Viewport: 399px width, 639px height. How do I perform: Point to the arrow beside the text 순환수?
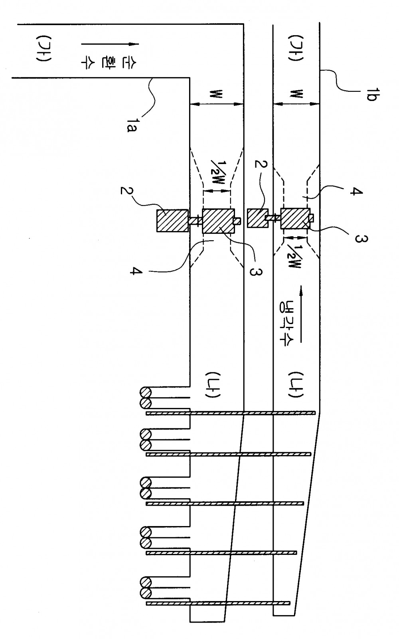tap(110, 44)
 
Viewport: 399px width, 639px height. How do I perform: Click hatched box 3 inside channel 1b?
tap(295, 218)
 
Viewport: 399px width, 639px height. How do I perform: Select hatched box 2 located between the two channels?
tap(257, 218)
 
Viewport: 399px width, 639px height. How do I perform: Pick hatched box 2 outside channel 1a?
tap(172, 220)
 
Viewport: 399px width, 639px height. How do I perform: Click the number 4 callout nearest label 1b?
tap(354, 192)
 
